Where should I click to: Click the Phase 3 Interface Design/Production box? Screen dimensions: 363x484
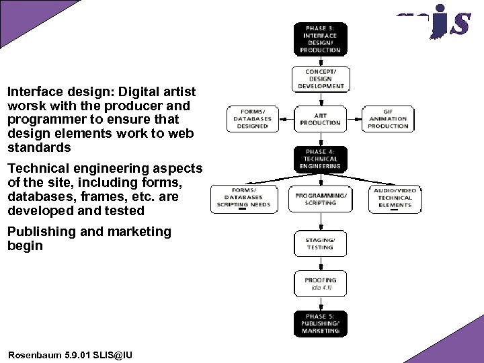[x=320, y=39]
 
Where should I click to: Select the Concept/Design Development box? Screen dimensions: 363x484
[x=320, y=79]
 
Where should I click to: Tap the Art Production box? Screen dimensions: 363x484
[x=320, y=119]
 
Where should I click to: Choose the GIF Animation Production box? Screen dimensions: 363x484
[x=388, y=118]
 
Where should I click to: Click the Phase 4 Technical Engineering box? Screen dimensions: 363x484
[x=320, y=159]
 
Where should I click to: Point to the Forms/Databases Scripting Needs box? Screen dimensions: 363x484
[x=243, y=199]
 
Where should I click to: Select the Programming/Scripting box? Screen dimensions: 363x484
[x=320, y=199]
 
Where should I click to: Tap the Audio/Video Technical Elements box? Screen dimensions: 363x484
[x=395, y=199]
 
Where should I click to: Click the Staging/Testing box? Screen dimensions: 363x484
[x=320, y=243]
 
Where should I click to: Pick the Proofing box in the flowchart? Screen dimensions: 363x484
[x=320, y=283]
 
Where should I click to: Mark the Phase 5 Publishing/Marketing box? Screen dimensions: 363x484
[x=320, y=323]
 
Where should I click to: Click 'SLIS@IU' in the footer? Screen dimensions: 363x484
[x=113, y=354]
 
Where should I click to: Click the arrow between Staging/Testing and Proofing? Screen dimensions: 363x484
[x=320, y=264]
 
